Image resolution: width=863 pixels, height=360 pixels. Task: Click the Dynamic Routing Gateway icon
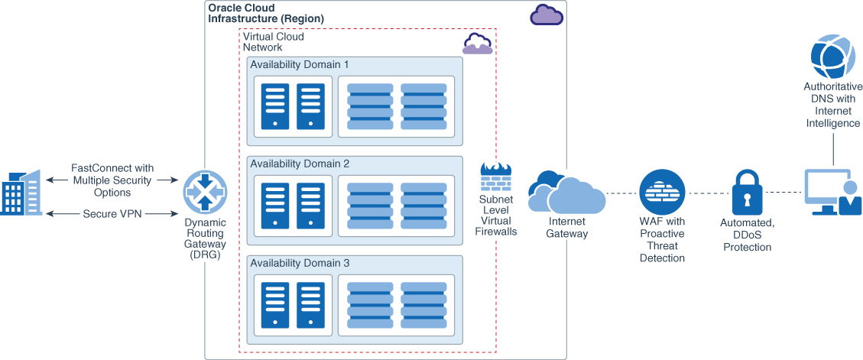205,192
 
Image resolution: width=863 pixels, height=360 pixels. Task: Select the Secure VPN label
112,214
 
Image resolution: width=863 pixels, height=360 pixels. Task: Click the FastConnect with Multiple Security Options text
112,180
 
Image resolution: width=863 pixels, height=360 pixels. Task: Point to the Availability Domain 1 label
300,65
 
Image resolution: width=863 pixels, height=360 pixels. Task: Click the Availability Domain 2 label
300,164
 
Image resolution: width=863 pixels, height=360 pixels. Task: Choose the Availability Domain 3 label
300,263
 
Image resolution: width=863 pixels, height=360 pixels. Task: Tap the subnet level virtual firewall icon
496,178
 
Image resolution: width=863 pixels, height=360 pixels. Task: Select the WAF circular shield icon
662,192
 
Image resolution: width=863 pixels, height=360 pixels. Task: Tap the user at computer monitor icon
832,193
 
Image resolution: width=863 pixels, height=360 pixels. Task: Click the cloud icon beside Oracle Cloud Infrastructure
547,15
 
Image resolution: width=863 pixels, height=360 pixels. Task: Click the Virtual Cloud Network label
273,42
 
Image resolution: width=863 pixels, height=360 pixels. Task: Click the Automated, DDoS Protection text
748,235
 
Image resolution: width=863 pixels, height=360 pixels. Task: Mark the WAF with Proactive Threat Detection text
662,240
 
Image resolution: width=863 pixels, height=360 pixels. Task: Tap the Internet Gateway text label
566,228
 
